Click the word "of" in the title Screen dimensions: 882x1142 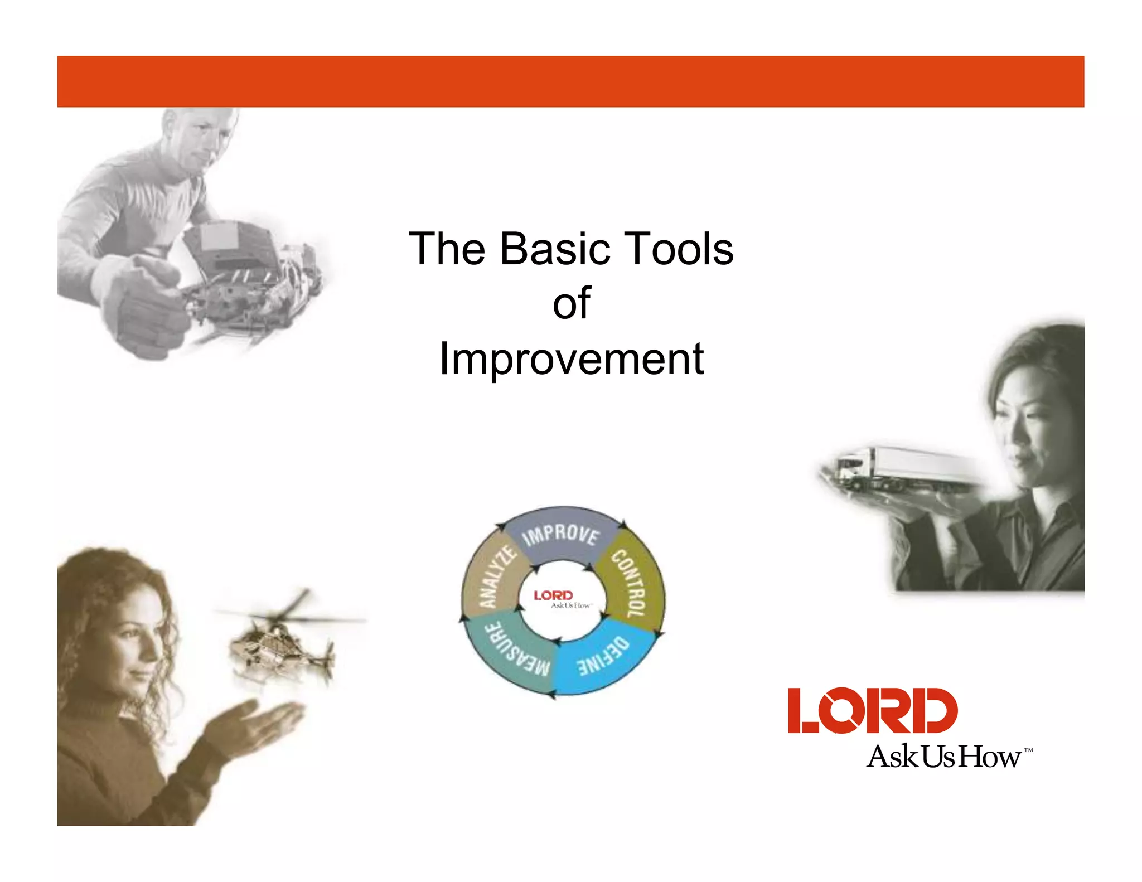coord(571,303)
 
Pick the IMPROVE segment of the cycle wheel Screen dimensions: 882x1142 coord(561,535)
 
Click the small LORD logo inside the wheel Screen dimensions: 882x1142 coord(554,595)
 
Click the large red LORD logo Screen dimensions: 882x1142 coord(872,711)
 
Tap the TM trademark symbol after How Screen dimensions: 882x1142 coord(1028,750)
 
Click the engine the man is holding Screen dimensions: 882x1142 coord(245,273)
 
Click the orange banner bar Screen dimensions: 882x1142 coord(571,81)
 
